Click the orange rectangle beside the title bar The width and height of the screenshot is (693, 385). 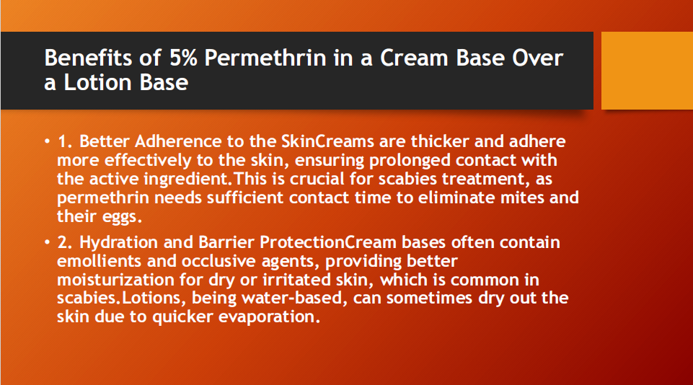pyautogui.click(x=646, y=71)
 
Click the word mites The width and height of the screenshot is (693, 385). pyautogui.click(x=524, y=197)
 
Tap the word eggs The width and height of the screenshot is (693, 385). pyautogui.click(x=115, y=216)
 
